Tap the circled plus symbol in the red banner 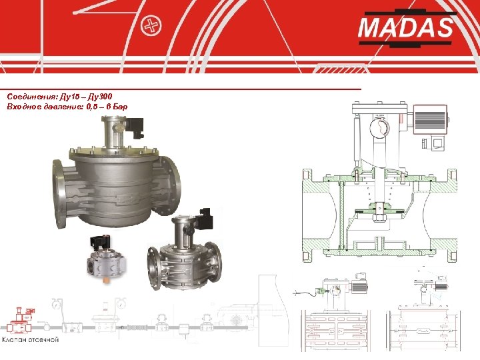pos(151,26)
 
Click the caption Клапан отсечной pos(30,339)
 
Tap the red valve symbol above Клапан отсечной pos(21,320)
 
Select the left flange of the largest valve pos(60,193)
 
